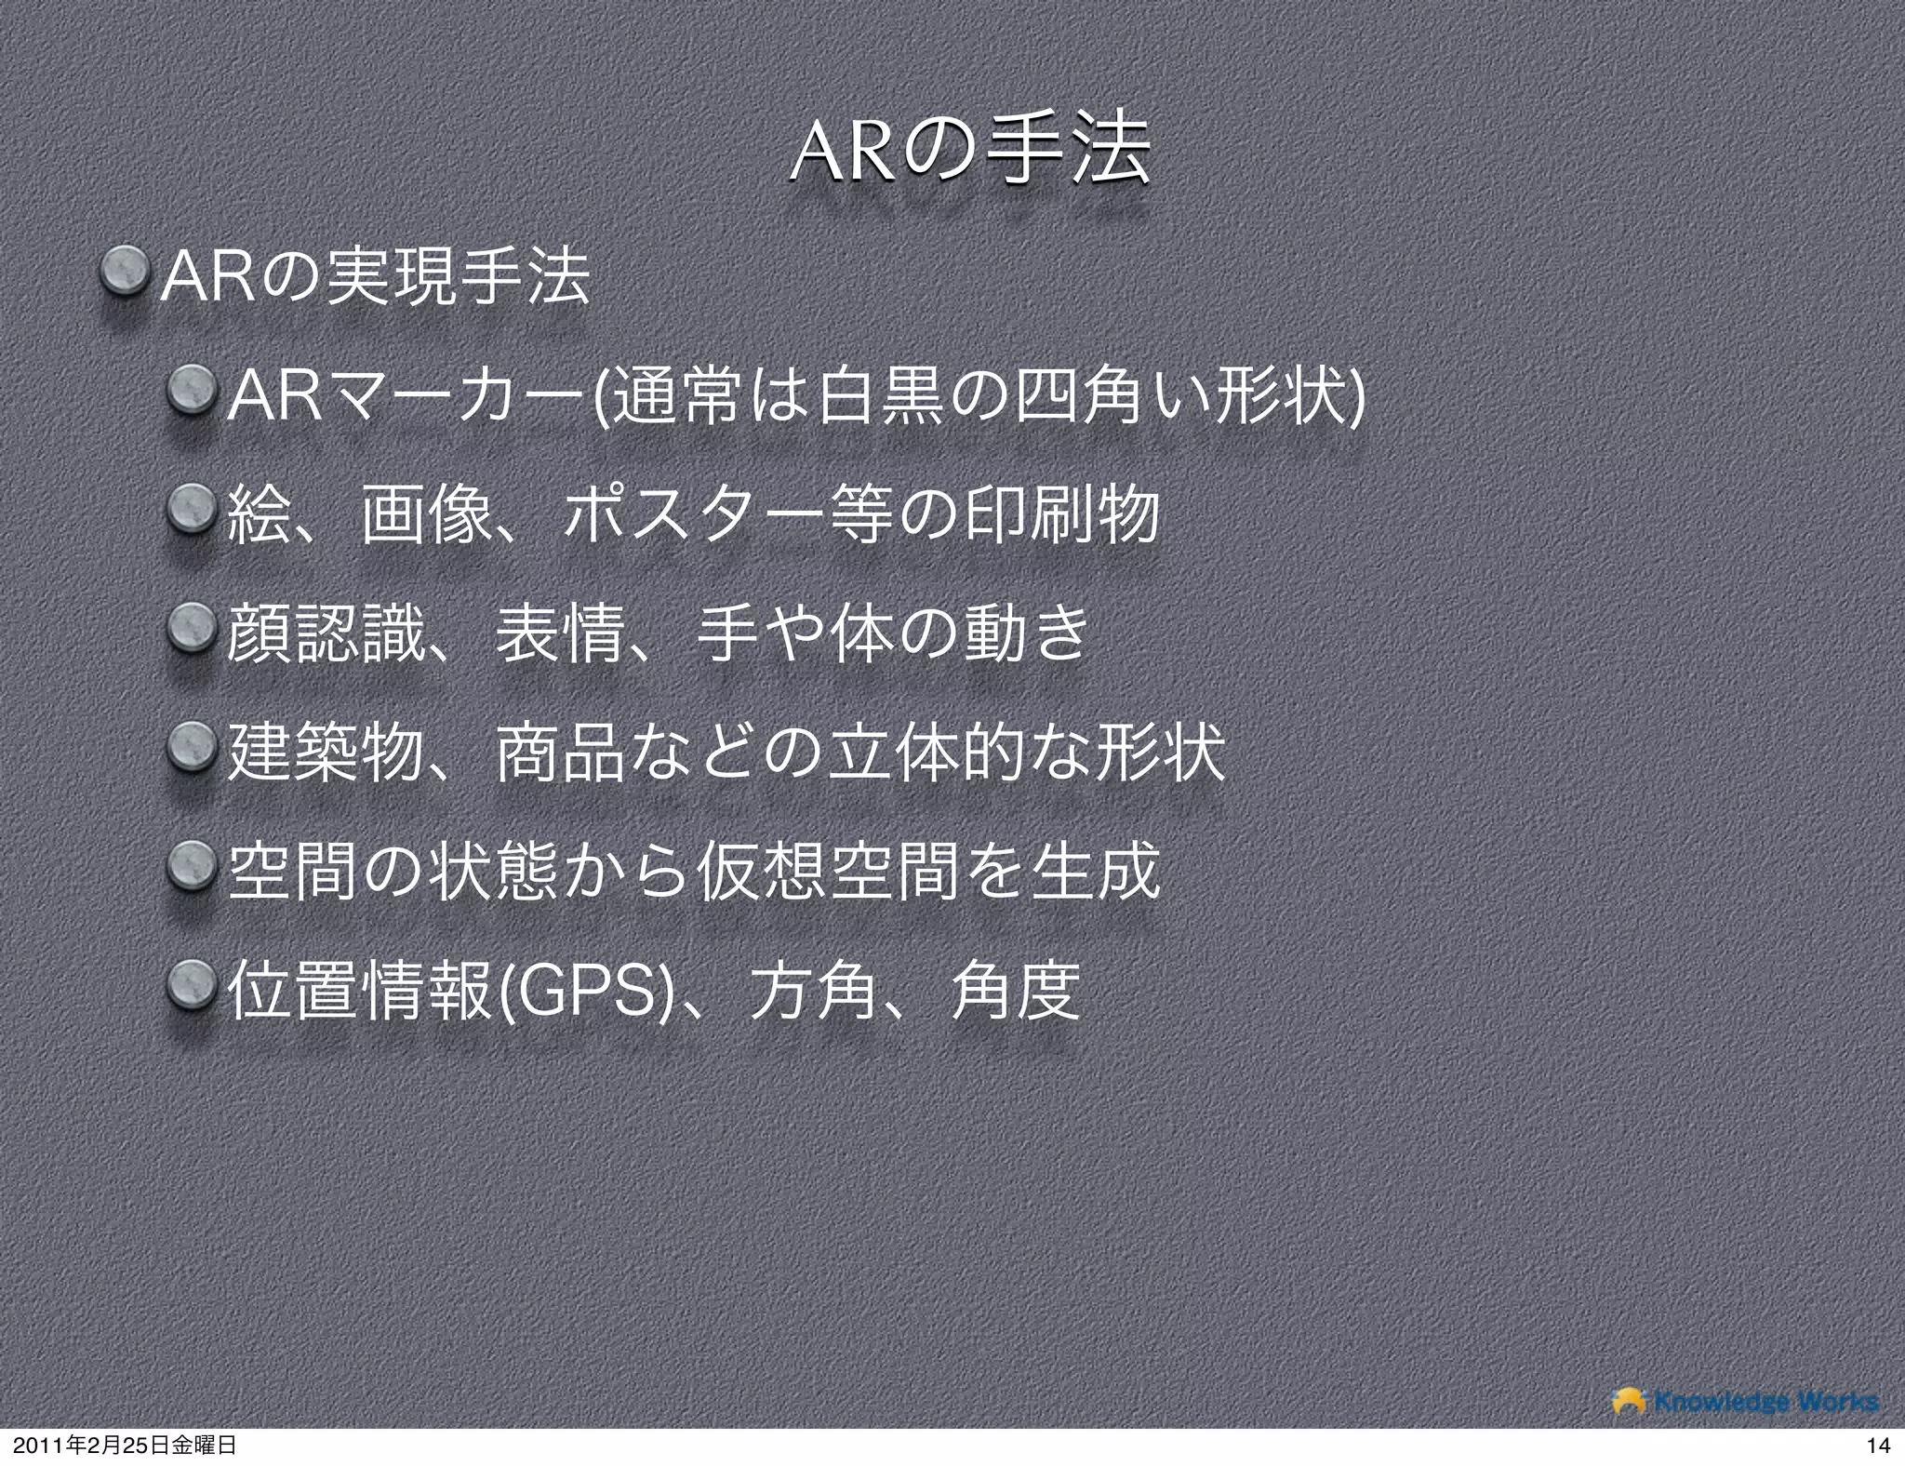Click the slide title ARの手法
[x=966, y=151]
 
